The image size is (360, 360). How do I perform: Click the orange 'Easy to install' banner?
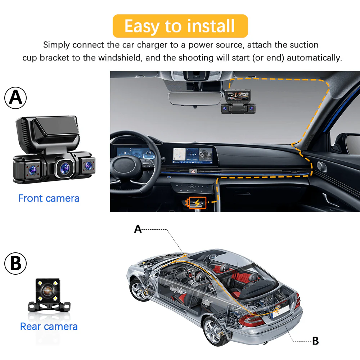[180, 26]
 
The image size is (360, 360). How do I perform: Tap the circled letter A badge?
[15, 98]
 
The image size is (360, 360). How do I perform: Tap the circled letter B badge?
[15, 264]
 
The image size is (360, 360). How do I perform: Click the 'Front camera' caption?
[49, 198]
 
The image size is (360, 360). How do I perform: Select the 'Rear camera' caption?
[49, 327]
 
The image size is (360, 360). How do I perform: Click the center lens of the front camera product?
[65, 167]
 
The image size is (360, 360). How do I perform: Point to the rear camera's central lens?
[49, 290]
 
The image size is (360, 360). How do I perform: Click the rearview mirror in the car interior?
[195, 98]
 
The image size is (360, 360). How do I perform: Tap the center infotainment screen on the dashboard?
[187, 156]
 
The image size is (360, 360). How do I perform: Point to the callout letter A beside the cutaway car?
[138, 229]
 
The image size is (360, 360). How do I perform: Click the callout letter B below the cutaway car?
[315, 341]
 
